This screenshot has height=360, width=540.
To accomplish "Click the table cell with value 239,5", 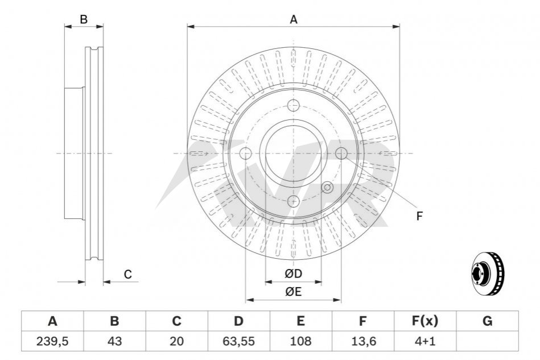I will (x=52, y=341).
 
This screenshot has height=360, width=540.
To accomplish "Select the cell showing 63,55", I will (x=238, y=341).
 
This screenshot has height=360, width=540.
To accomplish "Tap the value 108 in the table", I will (x=300, y=341).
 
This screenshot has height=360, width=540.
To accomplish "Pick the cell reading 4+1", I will (x=424, y=341).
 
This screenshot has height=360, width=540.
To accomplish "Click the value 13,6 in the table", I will (x=362, y=341).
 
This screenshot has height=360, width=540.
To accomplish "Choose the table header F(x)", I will (x=424, y=321).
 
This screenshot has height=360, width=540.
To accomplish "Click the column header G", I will (x=487, y=321).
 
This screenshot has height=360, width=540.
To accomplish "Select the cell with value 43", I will (x=114, y=341).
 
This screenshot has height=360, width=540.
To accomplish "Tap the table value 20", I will (x=176, y=341).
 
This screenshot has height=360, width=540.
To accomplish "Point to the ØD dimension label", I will (x=293, y=274).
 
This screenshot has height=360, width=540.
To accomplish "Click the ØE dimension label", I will (x=293, y=292).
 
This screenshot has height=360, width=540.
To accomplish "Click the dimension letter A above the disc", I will (x=294, y=19).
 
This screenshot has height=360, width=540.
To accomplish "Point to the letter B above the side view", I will (x=84, y=19).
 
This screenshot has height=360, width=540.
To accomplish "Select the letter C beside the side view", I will (x=128, y=274).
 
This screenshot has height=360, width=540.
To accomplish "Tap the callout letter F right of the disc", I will (x=419, y=216).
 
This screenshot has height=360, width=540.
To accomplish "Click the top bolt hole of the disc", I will (x=294, y=106).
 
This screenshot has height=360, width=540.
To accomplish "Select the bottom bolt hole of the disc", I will (x=294, y=201).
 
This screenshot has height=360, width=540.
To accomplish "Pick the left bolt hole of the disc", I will (x=246, y=154).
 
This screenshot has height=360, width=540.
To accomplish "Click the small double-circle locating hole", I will (x=327, y=188).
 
